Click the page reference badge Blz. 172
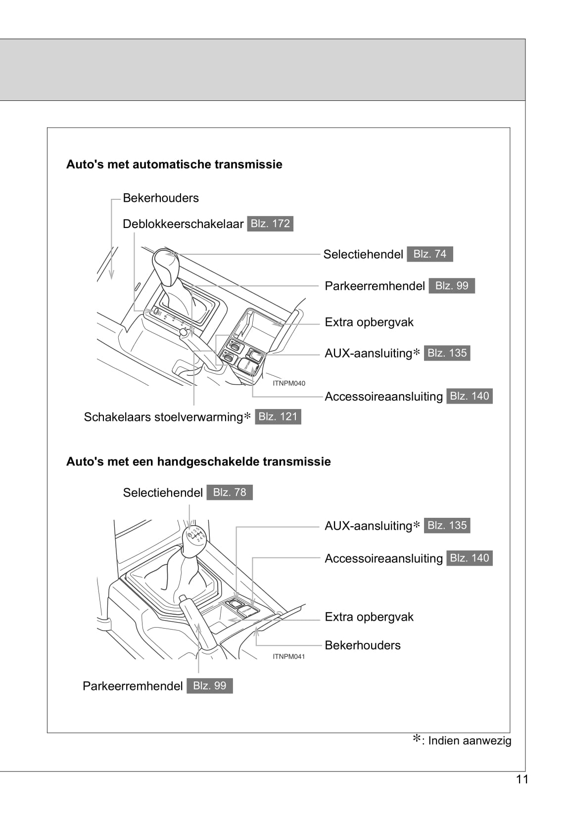pyautogui.click(x=270, y=224)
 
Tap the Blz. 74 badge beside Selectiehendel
pyautogui.click(x=429, y=254)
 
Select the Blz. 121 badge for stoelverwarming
pyautogui.click(x=278, y=417)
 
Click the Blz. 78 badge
pyautogui.click(x=230, y=493)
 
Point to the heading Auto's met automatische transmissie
pyautogui.click(x=174, y=164)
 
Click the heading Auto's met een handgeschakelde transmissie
pyautogui.click(x=198, y=461)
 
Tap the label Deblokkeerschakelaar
pyautogui.click(x=183, y=224)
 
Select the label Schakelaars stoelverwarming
pyautogui.click(x=164, y=417)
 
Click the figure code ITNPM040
pyautogui.click(x=289, y=383)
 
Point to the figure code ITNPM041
pyautogui.click(x=289, y=657)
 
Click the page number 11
pyautogui.click(x=522, y=779)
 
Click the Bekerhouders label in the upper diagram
pyautogui.click(x=161, y=198)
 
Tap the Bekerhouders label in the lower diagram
pyautogui.click(x=363, y=645)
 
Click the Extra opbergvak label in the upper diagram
pyautogui.click(x=369, y=322)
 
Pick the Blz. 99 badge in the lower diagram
pyautogui.click(x=209, y=686)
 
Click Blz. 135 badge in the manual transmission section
pyautogui.click(x=447, y=526)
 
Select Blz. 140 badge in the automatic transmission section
pyautogui.click(x=469, y=396)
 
